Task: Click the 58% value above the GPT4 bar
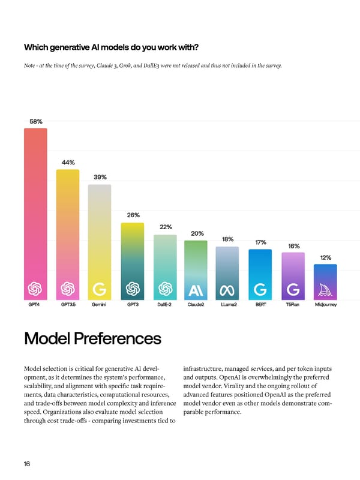(36, 122)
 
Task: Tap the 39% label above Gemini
(100, 177)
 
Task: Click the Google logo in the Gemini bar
(100, 290)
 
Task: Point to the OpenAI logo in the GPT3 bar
(133, 290)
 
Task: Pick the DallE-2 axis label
(165, 305)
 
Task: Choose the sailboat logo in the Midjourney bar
(325, 290)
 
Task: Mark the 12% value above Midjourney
(326, 257)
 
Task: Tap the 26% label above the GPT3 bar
(133, 215)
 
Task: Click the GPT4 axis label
(35, 305)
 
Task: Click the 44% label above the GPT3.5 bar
(68, 163)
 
